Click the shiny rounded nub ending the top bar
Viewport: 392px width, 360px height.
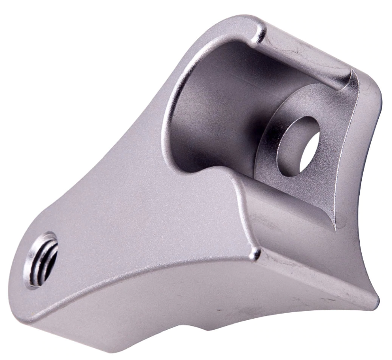coord(259,32)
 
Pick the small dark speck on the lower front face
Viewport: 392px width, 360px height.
coord(219,311)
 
